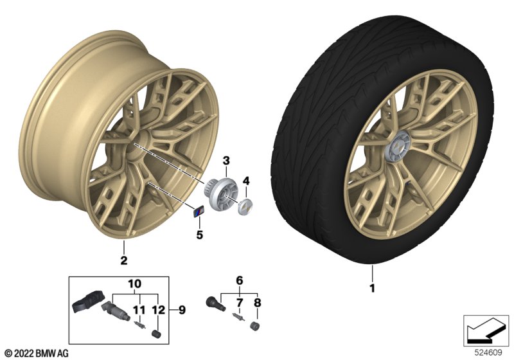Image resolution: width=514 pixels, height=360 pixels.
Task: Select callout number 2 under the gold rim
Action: coord(124,260)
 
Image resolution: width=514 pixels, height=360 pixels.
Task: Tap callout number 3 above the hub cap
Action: coord(226,159)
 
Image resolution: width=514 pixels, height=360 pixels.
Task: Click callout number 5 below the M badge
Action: coord(199,235)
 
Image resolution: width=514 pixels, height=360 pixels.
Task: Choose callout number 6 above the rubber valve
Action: coord(240,280)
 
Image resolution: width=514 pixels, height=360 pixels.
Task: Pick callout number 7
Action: coord(240,302)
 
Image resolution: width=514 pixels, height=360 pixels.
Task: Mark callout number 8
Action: coord(258,302)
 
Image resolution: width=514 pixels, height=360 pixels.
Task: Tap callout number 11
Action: coord(136,310)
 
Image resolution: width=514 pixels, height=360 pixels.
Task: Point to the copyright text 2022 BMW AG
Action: coord(36,354)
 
